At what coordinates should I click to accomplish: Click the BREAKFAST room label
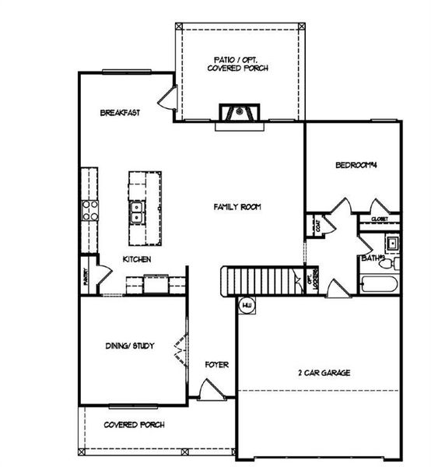120,113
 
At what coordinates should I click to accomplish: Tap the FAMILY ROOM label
237,207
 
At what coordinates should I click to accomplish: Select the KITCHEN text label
136,259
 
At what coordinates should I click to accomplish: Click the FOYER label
216,364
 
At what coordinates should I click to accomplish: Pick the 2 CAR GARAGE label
324,373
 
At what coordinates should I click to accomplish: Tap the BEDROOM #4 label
356,165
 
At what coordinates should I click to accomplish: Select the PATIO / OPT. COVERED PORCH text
238,64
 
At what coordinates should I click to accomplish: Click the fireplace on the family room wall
237,113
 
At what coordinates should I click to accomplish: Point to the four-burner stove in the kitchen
90,208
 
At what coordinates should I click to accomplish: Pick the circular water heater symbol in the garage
247,304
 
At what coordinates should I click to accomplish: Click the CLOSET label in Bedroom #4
379,220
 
